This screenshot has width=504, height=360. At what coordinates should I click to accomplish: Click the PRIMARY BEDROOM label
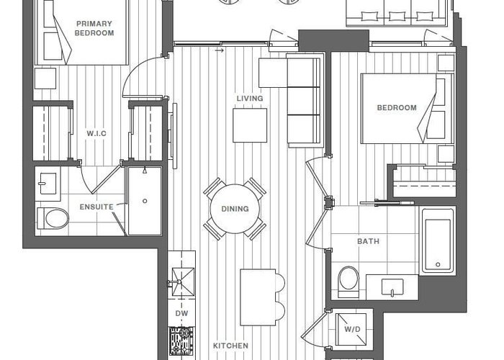click(94, 28)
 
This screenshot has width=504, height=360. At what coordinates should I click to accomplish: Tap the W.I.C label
click(96, 133)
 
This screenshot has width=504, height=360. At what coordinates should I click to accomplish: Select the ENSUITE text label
click(96, 207)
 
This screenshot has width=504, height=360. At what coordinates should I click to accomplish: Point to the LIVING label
click(250, 99)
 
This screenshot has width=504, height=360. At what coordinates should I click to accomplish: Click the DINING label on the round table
click(235, 209)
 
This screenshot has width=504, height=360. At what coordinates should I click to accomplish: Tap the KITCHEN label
click(231, 346)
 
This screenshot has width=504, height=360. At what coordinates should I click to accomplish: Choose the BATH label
click(369, 241)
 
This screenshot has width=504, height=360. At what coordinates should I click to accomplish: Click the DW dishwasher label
click(181, 313)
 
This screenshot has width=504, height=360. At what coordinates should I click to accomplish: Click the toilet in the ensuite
click(53, 219)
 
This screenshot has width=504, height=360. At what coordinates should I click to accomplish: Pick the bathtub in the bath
click(438, 242)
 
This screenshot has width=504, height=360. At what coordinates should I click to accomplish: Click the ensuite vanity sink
click(48, 184)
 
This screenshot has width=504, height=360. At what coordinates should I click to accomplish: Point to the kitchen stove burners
click(181, 341)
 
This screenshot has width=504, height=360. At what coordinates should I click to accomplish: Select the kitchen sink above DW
click(183, 282)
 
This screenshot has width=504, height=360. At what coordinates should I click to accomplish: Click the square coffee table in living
click(250, 125)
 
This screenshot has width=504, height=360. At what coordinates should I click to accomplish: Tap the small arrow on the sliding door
click(219, 50)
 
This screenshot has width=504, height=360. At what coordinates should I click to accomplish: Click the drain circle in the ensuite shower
click(145, 201)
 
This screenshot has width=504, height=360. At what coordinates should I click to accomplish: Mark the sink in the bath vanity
click(392, 287)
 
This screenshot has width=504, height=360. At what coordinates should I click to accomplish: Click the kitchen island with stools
click(262, 297)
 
